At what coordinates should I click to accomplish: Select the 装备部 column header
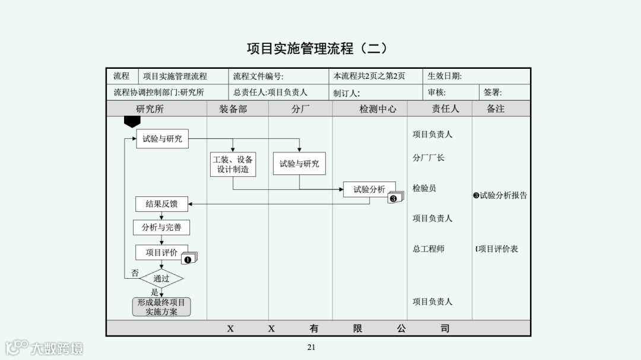coord(233,109)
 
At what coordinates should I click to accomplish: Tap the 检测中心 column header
coord(377,109)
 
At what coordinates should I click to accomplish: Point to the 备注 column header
coord(495,109)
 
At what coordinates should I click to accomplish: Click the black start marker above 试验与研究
coord(132,122)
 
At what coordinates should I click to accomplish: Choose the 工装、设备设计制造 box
coord(233,164)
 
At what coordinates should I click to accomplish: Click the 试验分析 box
coord(369,189)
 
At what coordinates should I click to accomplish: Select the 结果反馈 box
coord(161,204)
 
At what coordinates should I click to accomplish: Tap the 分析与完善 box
coord(161,227)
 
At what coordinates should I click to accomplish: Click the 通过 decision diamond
coord(161,278)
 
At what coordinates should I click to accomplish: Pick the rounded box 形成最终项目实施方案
coord(161,307)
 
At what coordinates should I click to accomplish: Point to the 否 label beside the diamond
coord(135,273)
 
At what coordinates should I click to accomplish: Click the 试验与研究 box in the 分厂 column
coord(299,164)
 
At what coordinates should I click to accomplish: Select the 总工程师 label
coord(429,249)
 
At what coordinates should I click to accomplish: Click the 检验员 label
coord(424,188)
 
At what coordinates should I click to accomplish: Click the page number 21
coord(311,348)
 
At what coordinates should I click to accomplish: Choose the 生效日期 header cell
coord(445,76)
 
